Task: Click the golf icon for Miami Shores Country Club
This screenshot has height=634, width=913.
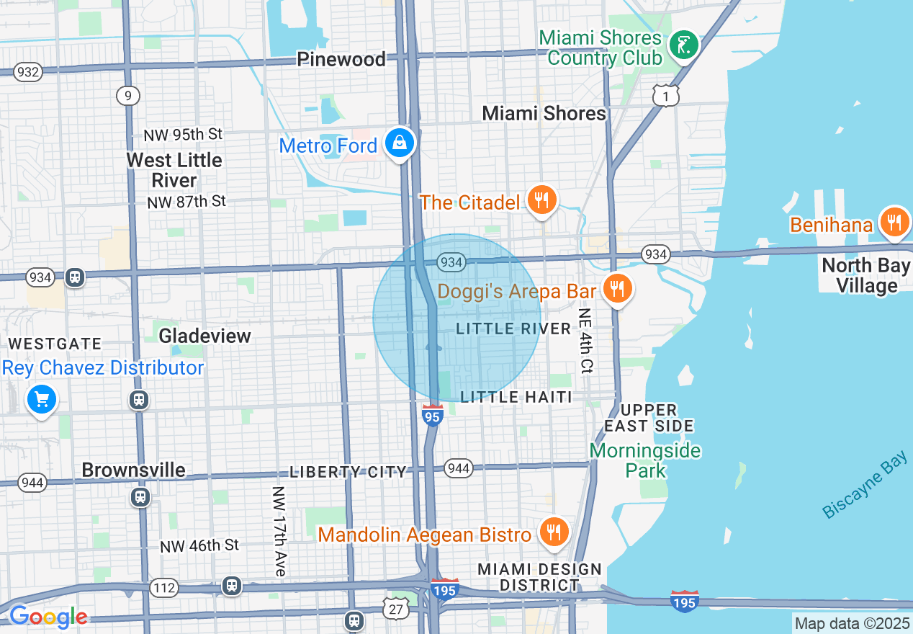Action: point(683,46)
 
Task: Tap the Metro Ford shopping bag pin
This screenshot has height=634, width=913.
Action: point(399,143)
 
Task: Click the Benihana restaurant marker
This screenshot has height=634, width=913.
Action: point(894,223)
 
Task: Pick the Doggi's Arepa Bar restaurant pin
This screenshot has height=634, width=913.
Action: point(616,289)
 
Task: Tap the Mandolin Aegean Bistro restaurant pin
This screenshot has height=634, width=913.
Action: point(553,532)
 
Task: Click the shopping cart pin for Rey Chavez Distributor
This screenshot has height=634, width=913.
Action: point(42,399)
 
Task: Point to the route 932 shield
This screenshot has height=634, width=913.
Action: point(27,72)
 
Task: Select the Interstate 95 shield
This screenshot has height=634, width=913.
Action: point(432,416)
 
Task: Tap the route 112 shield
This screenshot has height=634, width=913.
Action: point(164,589)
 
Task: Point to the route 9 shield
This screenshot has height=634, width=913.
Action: point(127,96)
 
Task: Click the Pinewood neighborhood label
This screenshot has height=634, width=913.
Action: point(341,59)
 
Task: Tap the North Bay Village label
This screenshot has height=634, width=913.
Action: point(866,275)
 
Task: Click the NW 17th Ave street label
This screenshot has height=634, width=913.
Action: point(279,531)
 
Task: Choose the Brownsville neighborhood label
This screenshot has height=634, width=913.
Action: point(133,470)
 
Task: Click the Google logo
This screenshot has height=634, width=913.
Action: point(48,617)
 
